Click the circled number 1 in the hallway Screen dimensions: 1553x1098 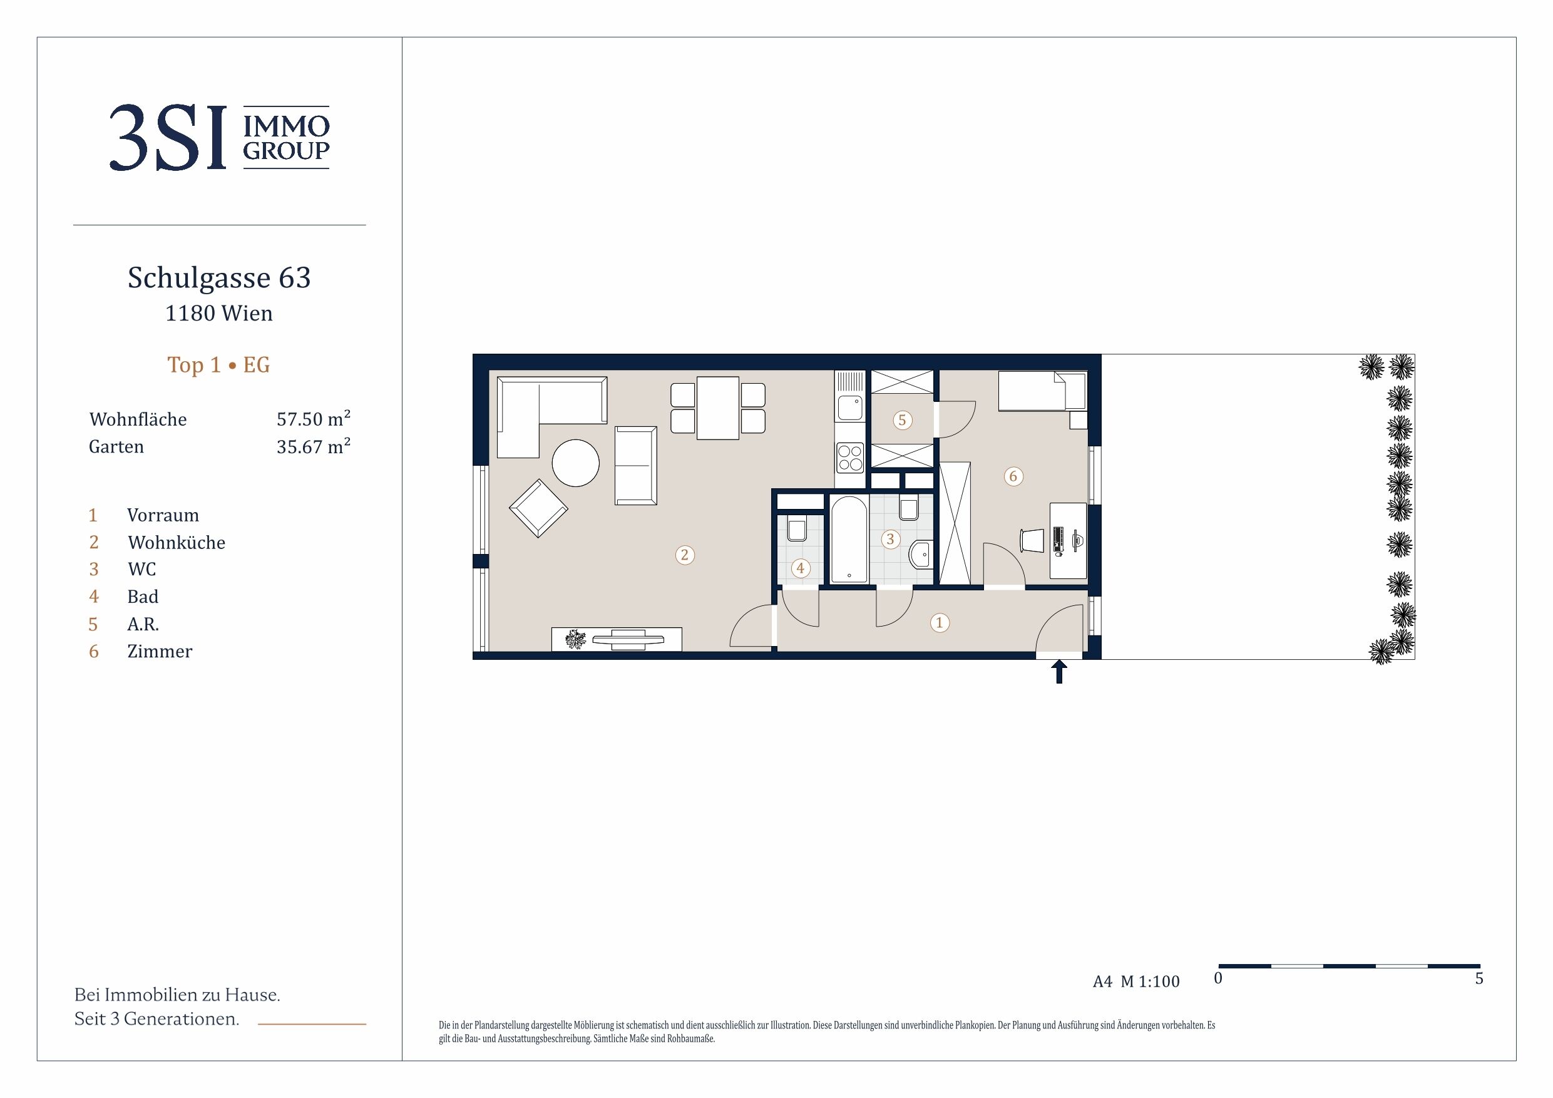tap(939, 622)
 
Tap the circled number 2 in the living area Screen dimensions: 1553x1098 tap(685, 555)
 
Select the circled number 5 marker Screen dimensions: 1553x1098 tap(901, 420)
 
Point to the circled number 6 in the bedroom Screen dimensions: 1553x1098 tap(1013, 476)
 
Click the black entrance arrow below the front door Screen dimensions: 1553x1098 tap(1059, 672)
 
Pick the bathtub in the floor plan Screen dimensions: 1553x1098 tap(849, 539)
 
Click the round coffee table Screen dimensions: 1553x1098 tap(576, 463)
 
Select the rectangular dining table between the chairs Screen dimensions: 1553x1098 tap(717, 408)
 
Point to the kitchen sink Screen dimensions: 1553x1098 tap(850, 408)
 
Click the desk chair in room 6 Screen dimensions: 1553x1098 tap(1032, 540)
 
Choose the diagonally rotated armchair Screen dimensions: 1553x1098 tap(538, 508)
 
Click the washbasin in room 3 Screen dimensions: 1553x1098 tap(921, 555)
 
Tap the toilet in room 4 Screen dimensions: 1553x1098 tap(797, 529)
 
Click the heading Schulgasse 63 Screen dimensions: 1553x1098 tap(219, 278)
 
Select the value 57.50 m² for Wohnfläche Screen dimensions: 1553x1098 tap(313, 418)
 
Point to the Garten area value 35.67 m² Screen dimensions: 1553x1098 tap(313, 446)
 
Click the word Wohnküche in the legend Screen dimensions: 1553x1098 tap(176, 543)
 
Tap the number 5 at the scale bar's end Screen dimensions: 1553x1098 tap(1479, 978)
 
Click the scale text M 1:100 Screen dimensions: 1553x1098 tap(1150, 982)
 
